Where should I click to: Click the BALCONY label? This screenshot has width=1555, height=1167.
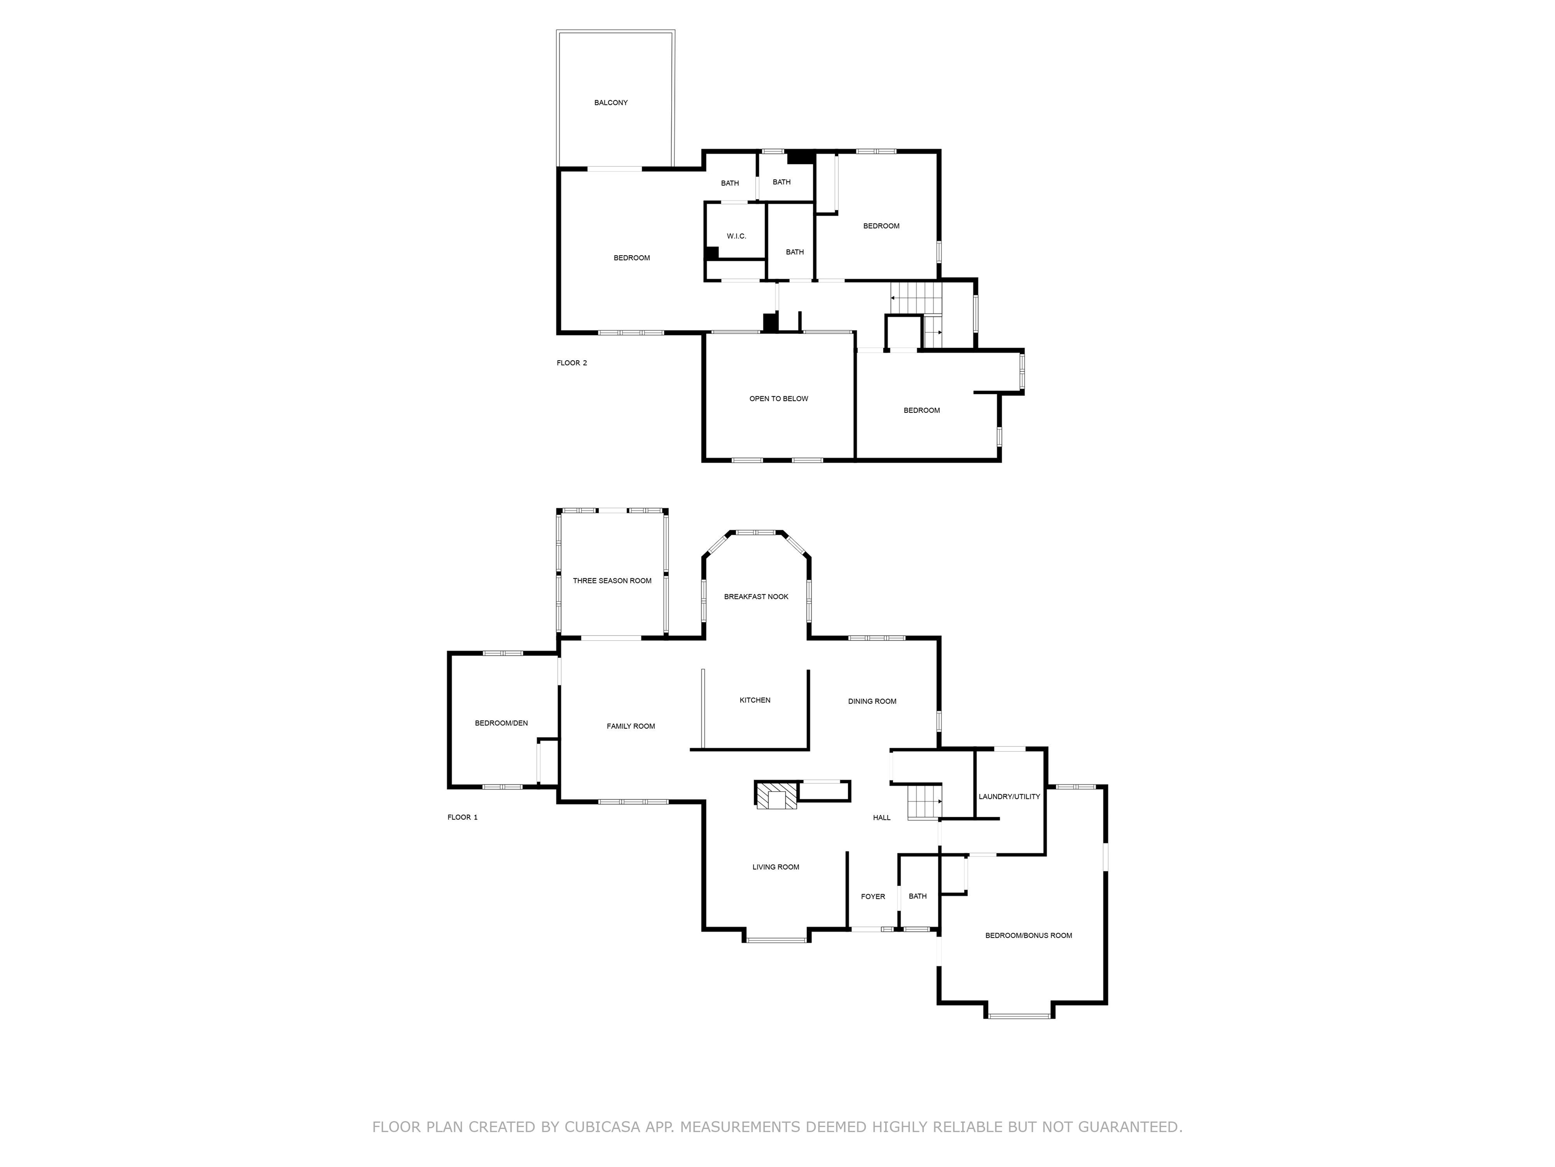tap(611, 103)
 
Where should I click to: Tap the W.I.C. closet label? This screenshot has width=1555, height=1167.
tap(736, 237)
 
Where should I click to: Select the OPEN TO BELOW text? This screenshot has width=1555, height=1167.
tap(778, 399)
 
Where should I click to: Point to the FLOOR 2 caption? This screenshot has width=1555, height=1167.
tap(571, 363)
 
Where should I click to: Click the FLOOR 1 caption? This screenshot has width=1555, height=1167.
tap(463, 818)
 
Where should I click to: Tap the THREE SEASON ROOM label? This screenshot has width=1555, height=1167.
tap(611, 581)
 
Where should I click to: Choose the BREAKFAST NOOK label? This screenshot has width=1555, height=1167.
tap(756, 597)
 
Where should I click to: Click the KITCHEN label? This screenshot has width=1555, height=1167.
tap(755, 700)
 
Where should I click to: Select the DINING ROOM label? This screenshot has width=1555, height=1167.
tap(872, 702)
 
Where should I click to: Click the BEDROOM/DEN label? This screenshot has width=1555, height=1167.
tap(501, 723)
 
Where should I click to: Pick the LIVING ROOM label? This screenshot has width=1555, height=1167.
tap(775, 867)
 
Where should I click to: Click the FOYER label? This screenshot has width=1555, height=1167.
tap(873, 897)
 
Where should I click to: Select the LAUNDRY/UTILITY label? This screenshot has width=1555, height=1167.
tap(1009, 797)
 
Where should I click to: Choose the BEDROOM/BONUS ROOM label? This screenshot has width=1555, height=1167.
tap(1029, 936)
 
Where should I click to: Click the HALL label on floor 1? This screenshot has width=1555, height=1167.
tap(882, 818)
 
